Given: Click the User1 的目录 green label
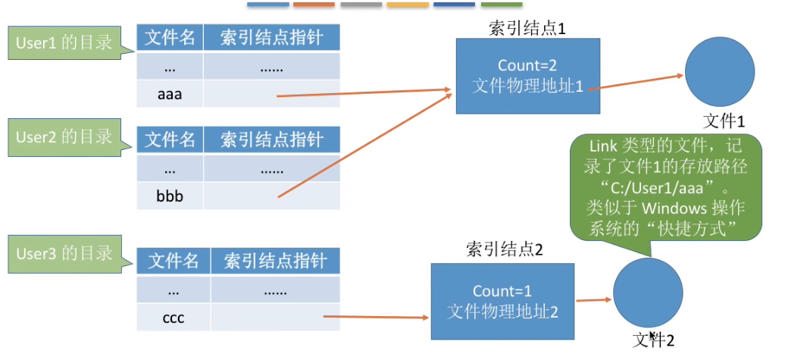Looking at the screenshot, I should point(64,42).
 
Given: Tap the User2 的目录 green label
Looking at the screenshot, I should point(64,137).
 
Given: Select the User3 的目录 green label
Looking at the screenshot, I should point(64,253).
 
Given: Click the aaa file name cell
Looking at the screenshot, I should point(170,95).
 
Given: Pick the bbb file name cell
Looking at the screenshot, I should point(170,196).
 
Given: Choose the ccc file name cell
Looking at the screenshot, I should point(174,318).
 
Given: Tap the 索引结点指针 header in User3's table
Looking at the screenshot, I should point(275,261).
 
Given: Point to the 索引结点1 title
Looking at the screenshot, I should point(527,29).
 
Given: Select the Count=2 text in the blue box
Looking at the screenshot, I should point(527,66).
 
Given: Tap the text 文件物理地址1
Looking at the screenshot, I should point(527,86).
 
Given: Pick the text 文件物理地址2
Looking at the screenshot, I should point(503,311).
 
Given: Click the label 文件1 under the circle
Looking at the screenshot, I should point(724,121).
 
